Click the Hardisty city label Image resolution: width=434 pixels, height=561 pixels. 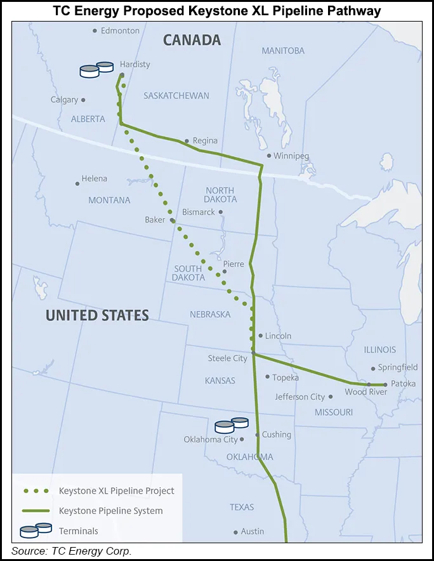coord(135,64)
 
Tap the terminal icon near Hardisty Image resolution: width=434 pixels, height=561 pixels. coord(96,69)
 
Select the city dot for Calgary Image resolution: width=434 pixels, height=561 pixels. coord(83,100)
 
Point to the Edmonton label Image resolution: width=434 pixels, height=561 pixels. coord(120,30)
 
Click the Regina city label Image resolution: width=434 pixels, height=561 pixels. coord(205,141)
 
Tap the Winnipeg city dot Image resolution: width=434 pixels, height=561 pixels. coord(269,155)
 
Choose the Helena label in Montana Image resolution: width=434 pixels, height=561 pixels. coord(94,179)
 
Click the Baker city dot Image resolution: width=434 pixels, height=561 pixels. coord(173,220)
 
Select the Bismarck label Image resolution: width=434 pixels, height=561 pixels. coord(199,212)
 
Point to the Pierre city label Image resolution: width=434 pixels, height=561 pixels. coord(233,264)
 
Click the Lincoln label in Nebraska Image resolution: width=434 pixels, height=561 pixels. coord(279,336)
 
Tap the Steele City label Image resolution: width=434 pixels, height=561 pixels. coord(227,359)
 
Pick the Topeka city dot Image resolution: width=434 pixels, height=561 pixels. coord(267,377)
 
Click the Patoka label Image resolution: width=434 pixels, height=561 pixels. coord(403,384)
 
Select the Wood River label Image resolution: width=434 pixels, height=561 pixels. coord(365,392)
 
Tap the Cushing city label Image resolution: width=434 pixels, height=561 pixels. coord(277,435)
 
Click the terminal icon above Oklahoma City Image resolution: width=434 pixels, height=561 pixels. coord(231,425)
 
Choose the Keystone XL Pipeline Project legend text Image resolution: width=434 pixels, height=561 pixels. coord(116,491)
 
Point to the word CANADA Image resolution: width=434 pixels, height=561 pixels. coord(192,40)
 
